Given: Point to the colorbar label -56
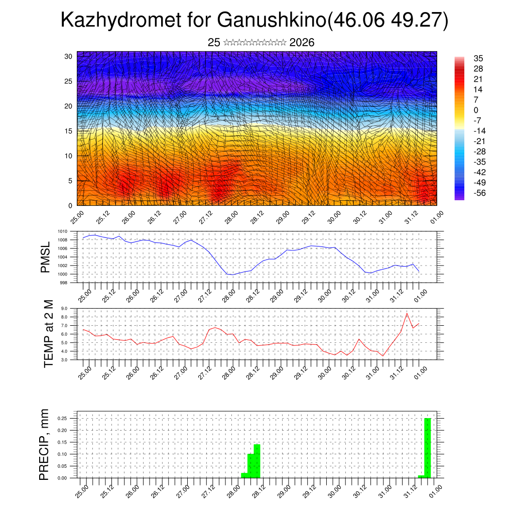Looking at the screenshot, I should point(479,193).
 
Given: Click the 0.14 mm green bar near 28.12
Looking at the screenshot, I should point(257,461).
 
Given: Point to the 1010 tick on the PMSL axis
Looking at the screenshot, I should point(62,231).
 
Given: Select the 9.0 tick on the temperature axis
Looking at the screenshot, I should point(64,309).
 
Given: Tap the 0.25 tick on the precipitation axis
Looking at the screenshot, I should point(62,418).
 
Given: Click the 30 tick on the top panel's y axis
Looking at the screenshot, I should point(68,56).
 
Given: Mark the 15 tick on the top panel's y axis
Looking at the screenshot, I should point(68,131).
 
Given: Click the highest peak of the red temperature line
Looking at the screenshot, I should point(407,313).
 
